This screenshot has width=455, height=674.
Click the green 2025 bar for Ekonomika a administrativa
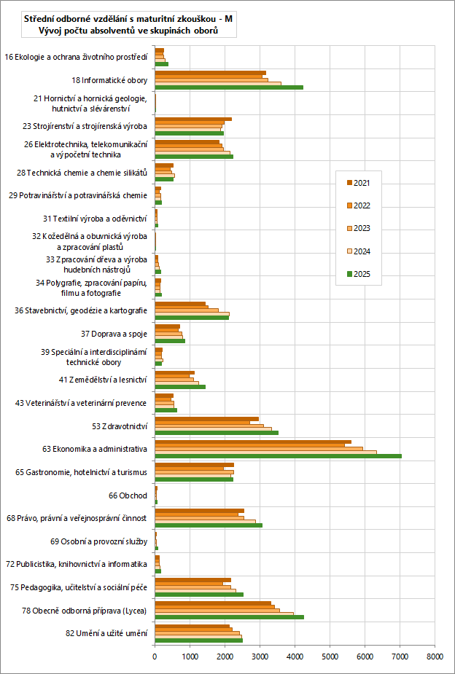point(278,456)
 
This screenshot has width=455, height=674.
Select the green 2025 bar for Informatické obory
point(229,87)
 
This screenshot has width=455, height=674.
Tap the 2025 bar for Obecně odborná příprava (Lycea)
point(229,616)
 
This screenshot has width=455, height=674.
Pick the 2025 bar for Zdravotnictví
point(217,433)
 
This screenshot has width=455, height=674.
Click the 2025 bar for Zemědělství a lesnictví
point(180,387)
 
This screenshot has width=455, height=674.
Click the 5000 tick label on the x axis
point(330,657)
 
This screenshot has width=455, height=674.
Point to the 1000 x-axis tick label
point(190,657)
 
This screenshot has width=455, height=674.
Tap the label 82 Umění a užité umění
point(106,634)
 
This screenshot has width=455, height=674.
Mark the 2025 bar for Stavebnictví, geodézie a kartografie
point(192,318)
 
